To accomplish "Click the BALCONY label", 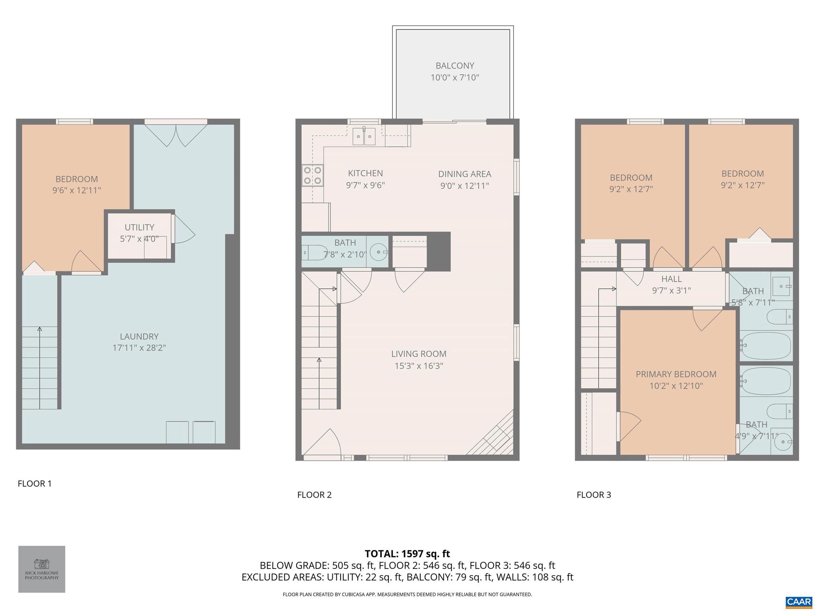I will pyautogui.click(x=454, y=66).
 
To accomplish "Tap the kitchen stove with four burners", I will pyautogui.click(x=312, y=175).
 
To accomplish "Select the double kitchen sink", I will pyautogui.click(x=364, y=137).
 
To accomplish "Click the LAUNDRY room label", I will pyautogui.click(x=139, y=337).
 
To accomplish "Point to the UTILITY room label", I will pyautogui.click(x=139, y=227).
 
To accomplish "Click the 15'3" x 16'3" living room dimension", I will pyautogui.click(x=419, y=366).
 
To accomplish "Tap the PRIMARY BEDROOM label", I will pyautogui.click(x=676, y=374).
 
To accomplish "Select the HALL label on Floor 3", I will pyautogui.click(x=671, y=279).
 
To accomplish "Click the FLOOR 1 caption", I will pyautogui.click(x=35, y=484).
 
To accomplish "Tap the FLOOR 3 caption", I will pyautogui.click(x=593, y=495).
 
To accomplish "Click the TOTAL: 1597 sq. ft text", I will pyautogui.click(x=407, y=554).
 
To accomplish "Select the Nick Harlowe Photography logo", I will pyautogui.click(x=42, y=569).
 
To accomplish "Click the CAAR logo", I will pyautogui.click(x=799, y=601).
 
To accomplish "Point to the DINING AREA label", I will pyautogui.click(x=464, y=174).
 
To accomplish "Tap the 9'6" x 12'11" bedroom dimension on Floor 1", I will pyautogui.click(x=77, y=191).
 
